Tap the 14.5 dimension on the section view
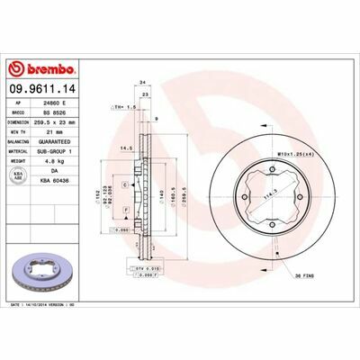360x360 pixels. tap(127, 148)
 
